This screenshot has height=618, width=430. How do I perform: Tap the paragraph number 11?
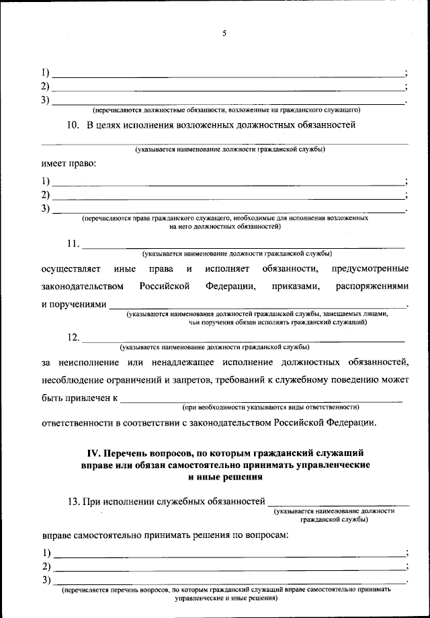[73, 243]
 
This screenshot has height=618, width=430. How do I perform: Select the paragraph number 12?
[73, 337]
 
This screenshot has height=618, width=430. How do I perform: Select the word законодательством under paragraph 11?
[82, 287]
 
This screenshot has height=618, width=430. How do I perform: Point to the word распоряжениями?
[372, 287]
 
